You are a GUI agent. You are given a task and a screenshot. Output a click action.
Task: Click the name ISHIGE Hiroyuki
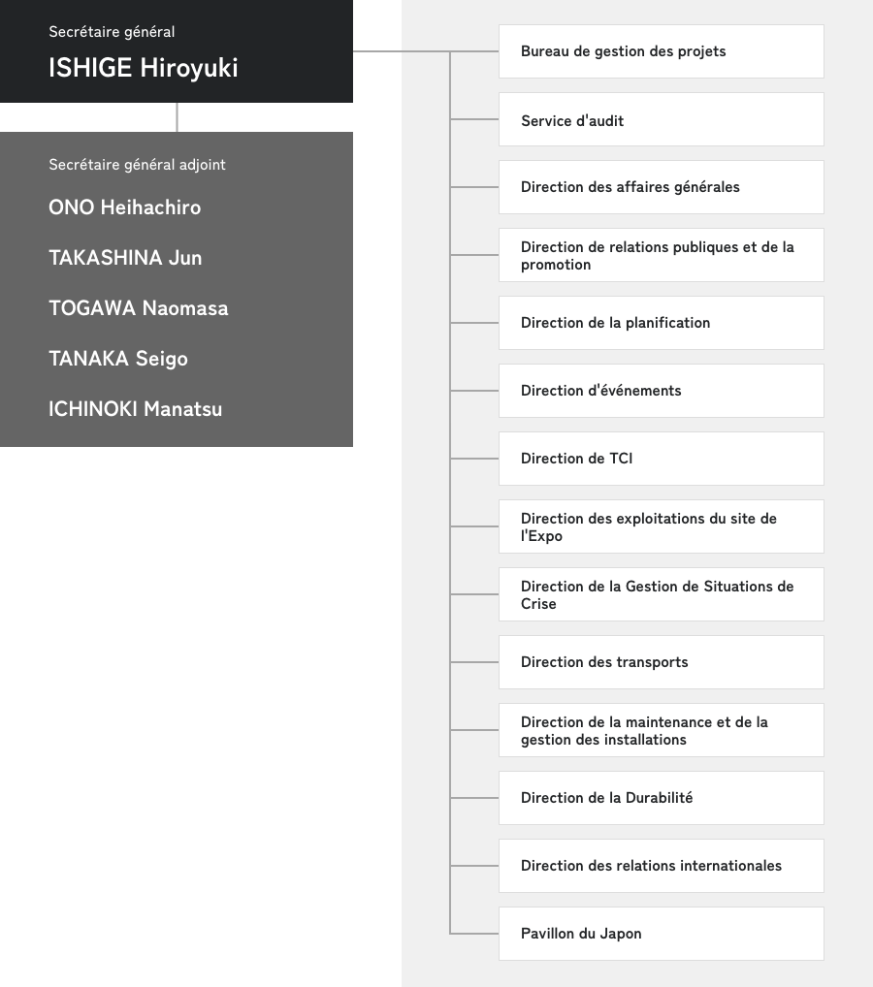pyautogui.click(x=143, y=68)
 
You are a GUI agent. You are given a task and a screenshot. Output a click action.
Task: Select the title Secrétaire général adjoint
pyautogui.click(x=137, y=165)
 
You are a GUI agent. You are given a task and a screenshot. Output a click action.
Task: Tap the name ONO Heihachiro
pyautogui.click(x=124, y=207)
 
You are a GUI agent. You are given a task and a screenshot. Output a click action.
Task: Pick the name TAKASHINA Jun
pyautogui.click(x=125, y=258)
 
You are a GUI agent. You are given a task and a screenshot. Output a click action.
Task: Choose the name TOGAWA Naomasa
pyautogui.click(x=138, y=308)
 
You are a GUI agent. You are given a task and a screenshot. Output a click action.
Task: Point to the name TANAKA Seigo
pyautogui.click(x=117, y=359)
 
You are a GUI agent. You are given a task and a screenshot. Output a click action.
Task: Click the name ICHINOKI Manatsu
pyautogui.click(x=135, y=409)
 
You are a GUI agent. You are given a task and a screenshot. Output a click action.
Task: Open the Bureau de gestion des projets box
pyautogui.click(x=661, y=51)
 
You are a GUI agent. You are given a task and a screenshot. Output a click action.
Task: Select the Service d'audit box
pyautogui.click(x=661, y=119)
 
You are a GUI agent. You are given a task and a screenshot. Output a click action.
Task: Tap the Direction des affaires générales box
pyautogui.click(x=661, y=187)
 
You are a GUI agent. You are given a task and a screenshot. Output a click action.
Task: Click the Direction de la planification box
pyautogui.click(x=661, y=323)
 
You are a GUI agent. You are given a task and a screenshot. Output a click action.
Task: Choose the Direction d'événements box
pyautogui.click(x=661, y=391)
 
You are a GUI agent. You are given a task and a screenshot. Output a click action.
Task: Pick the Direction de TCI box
pyautogui.click(x=661, y=459)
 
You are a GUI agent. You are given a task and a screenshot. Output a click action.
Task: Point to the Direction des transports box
pyautogui.click(x=661, y=662)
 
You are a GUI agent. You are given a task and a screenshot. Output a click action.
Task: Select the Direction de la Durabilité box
pyautogui.click(x=661, y=798)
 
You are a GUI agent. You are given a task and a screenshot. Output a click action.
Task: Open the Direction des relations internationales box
pyautogui.click(x=661, y=866)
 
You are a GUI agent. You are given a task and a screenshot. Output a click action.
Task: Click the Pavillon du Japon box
pyautogui.click(x=661, y=934)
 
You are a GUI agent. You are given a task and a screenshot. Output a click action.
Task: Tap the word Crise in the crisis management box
pyautogui.click(x=538, y=604)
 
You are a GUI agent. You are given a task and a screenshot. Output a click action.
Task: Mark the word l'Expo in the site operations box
pyautogui.click(x=541, y=536)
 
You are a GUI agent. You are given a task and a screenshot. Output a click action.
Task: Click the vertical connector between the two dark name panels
pyautogui.click(x=178, y=117)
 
